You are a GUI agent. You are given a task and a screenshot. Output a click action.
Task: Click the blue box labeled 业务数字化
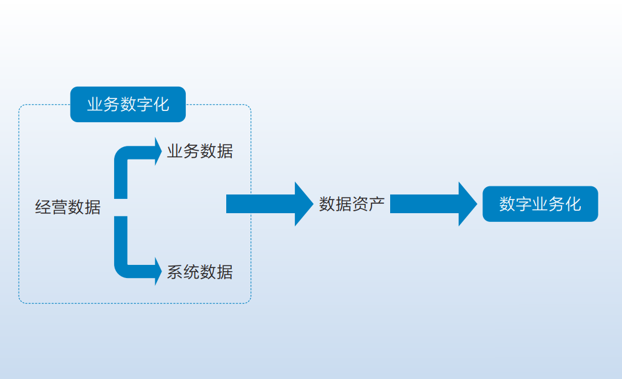pyautogui.click(x=128, y=104)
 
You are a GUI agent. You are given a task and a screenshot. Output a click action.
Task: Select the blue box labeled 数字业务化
pyautogui.click(x=540, y=204)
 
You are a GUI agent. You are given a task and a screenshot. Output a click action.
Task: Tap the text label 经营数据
pyautogui.click(x=67, y=207)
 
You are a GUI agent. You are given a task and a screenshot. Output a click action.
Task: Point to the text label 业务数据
pyautogui.click(x=199, y=151)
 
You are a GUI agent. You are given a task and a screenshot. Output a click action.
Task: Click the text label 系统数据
pyautogui.click(x=199, y=272)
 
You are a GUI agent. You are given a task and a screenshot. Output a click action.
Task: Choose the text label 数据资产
pyautogui.click(x=352, y=204)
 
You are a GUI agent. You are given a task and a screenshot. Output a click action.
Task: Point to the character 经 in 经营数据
pyautogui.click(x=43, y=207)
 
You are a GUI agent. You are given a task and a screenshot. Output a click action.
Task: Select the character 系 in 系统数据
pyautogui.click(x=175, y=272)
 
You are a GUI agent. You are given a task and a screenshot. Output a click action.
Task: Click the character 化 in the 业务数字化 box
pyautogui.click(x=161, y=104)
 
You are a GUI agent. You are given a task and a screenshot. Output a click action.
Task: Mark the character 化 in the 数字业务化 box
pyautogui.click(x=573, y=204)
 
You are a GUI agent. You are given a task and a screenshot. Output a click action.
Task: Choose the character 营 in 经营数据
pyautogui.click(x=59, y=207)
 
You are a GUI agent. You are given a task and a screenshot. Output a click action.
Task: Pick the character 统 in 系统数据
pyautogui.click(x=191, y=272)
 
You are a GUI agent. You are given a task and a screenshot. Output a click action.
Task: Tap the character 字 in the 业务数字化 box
pyautogui.click(x=144, y=104)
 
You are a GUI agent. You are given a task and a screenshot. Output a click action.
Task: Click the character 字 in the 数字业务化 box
pyautogui.click(x=524, y=204)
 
